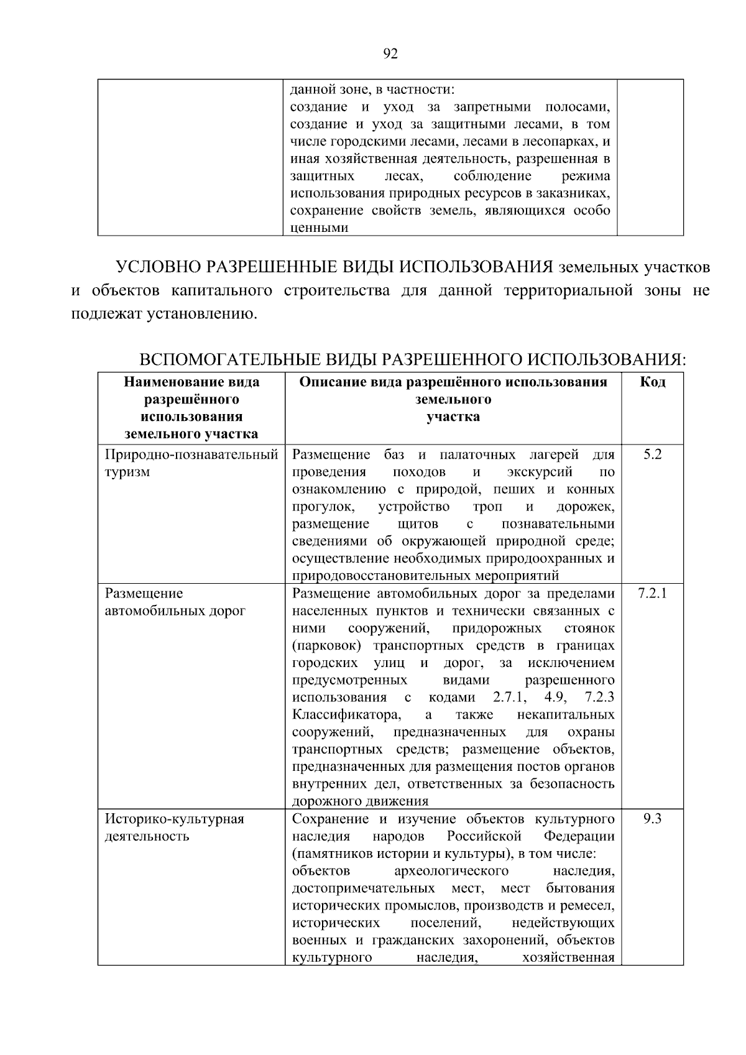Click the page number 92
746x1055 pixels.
coord(390,54)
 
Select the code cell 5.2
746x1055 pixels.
coord(652,454)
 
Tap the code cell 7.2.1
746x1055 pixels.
coord(652,593)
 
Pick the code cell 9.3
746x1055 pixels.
coord(652,819)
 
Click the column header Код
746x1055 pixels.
coord(652,382)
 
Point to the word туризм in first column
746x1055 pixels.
coord(127,472)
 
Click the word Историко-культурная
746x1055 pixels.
coord(174,819)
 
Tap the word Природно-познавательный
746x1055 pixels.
coord(191,454)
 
